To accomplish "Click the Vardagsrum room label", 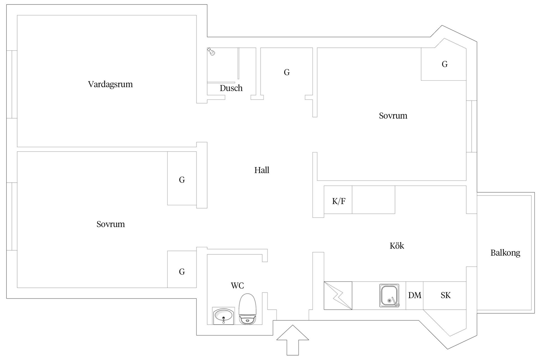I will click(x=110, y=84).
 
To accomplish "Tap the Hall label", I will click(x=262, y=170).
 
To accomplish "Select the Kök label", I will click(x=397, y=246).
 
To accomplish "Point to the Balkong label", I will click(x=505, y=253).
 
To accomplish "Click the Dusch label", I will click(x=231, y=88).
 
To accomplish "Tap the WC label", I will click(x=237, y=286).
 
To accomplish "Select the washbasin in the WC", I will click(x=223, y=316).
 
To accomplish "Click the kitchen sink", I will click(x=389, y=295).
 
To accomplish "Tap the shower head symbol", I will click(x=211, y=51).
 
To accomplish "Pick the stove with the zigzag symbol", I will click(x=338, y=295).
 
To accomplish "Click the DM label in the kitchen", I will click(x=415, y=295).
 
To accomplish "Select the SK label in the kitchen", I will click(x=445, y=295).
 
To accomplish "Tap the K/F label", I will click(x=339, y=201).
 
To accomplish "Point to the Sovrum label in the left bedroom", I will click(x=111, y=224).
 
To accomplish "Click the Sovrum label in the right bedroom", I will click(x=393, y=116).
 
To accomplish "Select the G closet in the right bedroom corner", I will click(x=444, y=64).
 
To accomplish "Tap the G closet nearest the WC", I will click(x=182, y=272).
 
